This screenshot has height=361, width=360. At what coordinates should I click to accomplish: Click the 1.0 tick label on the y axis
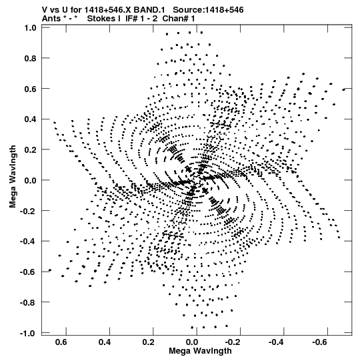pyautogui.click(x=31, y=28)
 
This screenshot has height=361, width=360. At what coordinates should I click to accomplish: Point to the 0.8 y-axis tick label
pyautogui.click(x=31, y=59)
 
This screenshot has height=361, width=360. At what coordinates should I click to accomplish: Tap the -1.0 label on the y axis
pyautogui.click(x=28, y=333)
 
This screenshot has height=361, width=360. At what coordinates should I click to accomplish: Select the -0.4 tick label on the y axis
pyautogui.click(x=28, y=242)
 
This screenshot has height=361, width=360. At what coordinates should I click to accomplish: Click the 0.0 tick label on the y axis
pyautogui.click(x=31, y=180)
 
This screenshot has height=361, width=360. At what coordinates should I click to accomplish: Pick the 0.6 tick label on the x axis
pyautogui.click(x=61, y=342)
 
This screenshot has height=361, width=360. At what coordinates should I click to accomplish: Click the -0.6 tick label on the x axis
pyautogui.click(x=321, y=342)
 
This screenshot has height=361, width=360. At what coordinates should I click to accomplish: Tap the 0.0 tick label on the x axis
pyautogui.click(x=192, y=342)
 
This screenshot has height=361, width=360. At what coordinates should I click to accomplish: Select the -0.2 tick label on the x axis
pyautogui.click(x=233, y=342)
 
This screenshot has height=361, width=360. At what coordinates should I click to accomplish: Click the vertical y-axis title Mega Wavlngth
pyautogui.click(x=13, y=177)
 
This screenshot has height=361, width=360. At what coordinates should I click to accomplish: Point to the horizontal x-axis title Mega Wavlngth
pyautogui.click(x=200, y=351)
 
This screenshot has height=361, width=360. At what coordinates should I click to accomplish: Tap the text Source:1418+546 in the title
pyautogui.click(x=208, y=10)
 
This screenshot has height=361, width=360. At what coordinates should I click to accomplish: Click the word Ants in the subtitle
pyautogui.click(x=51, y=19)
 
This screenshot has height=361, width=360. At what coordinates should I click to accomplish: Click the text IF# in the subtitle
pyautogui.click(x=131, y=19)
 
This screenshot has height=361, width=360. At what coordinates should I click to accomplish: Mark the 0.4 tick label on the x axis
pyautogui.click(x=105, y=342)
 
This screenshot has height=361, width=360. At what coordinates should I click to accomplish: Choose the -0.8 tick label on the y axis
pyautogui.click(x=28, y=302)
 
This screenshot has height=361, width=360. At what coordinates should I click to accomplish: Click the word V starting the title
pyautogui.click(x=45, y=10)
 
